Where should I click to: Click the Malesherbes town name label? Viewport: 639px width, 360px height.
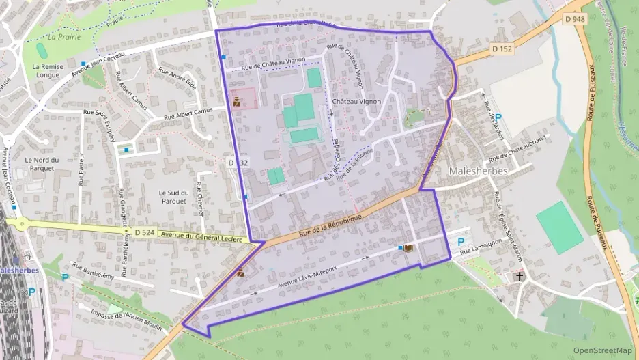[x=478, y=171]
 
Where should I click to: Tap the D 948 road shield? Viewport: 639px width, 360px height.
[x=576, y=19]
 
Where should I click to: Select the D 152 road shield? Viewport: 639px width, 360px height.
[x=501, y=49]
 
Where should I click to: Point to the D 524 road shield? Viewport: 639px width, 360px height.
[x=145, y=232]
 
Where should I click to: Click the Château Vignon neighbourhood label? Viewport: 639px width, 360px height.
[x=356, y=102]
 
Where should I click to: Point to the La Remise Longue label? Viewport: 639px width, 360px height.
[x=48, y=70]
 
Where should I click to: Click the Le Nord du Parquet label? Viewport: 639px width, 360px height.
[x=42, y=164]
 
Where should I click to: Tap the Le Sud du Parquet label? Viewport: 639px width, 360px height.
[x=172, y=197]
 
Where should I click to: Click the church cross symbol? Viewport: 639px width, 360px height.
[x=520, y=277]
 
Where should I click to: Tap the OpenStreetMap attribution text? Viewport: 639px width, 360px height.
[x=602, y=350]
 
